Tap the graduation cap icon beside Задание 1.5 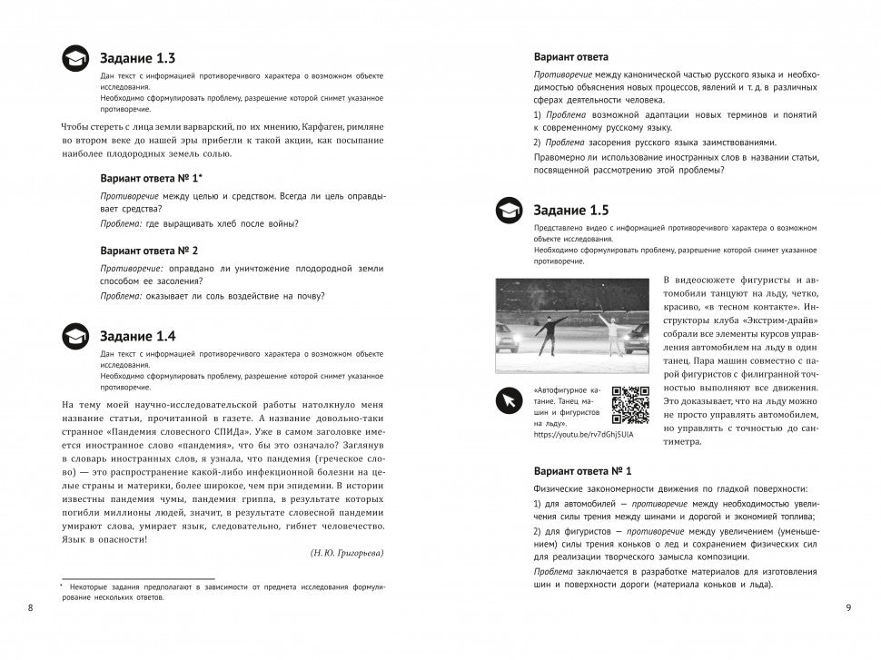pyautogui.click(x=509, y=212)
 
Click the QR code pyautogui.click(x=630, y=405)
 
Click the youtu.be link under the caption pyautogui.click(x=583, y=435)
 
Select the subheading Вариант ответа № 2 pyautogui.click(x=149, y=250)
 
